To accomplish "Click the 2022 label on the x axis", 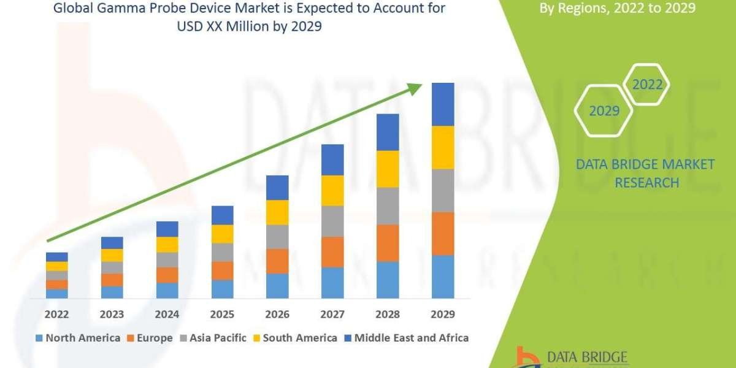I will coord(56,314).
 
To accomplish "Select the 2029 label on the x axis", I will coord(443,314).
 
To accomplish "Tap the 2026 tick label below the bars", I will coord(277,314).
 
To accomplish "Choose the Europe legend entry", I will coord(149,338).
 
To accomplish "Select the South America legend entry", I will coord(294,338).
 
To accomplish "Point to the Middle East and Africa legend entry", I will coord(406,338).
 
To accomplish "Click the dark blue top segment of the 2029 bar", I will coord(443,104).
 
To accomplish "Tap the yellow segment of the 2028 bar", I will coord(388,169).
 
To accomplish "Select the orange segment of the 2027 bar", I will coord(332,251).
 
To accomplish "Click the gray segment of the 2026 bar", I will coord(277,237).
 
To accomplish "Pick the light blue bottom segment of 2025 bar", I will coord(222,289).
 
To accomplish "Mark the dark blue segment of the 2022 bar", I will coord(56,257).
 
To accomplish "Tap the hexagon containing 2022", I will coord(647,85).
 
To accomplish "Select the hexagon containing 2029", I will coord(604,111).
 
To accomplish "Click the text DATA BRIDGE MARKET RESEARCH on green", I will coord(646,173).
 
